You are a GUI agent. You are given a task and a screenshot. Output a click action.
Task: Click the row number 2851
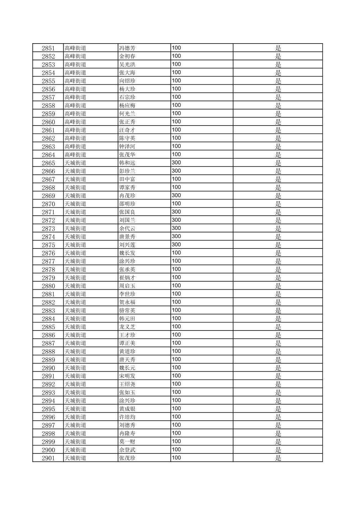click(48, 48)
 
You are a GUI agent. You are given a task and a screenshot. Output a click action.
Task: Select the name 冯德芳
click(127, 48)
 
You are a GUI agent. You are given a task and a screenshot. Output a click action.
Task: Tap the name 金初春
click(127, 56)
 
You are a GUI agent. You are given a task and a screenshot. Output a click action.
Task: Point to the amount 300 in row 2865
click(176, 163)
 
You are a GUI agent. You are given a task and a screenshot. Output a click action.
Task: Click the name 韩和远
click(127, 163)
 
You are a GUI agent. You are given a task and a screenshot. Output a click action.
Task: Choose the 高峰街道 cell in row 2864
click(75, 155)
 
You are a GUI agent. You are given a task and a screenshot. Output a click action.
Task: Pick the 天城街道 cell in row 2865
click(75, 163)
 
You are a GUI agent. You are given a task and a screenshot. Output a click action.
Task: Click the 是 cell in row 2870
click(278, 204)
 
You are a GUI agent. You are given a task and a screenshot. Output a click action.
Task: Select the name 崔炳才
click(127, 278)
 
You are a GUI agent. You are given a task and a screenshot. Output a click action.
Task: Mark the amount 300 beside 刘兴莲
click(176, 245)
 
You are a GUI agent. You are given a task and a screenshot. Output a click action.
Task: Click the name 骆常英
click(127, 310)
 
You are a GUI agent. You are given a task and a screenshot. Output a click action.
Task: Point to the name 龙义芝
click(127, 327)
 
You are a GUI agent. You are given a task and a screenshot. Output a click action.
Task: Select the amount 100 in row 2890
click(176, 368)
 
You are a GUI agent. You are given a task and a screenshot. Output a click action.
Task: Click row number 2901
click(48, 458)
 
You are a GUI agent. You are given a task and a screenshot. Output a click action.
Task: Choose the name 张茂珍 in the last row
click(127, 458)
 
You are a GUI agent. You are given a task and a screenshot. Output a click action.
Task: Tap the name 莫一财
click(127, 442)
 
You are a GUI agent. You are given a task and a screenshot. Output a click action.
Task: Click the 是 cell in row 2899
click(278, 442)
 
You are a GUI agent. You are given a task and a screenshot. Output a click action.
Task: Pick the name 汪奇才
click(127, 130)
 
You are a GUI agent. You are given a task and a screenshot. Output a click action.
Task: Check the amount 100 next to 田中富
click(176, 179)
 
